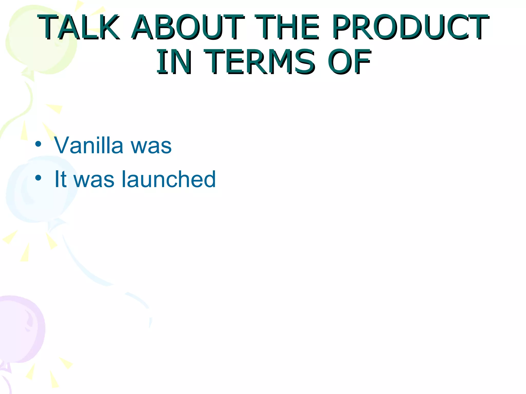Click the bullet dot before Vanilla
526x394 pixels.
click(38, 144)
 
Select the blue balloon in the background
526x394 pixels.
click(39, 190)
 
